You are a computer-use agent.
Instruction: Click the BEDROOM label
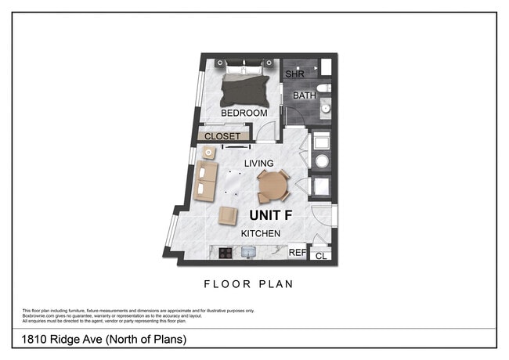click(x=244, y=113)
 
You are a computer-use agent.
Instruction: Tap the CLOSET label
click(x=222, y=136)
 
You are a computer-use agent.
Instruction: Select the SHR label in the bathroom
click(x=294, y=74)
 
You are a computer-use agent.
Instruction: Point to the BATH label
click(x=304, y=95)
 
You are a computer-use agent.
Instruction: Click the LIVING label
click(x=258, y=163)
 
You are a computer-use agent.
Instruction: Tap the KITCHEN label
click(x=261, y=233)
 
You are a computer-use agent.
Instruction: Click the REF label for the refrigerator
click(x=297, y=253)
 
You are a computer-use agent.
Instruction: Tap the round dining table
click(x=272, y=185)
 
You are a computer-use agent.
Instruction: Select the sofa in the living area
click(x=207, y=181)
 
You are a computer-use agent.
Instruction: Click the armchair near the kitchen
click(x=228, y=215)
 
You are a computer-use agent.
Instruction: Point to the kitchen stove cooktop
click(x=225, y=253)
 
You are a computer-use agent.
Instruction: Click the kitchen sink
click(x=249, y=253)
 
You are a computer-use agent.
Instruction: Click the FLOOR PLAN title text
click(x=248, y=284)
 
